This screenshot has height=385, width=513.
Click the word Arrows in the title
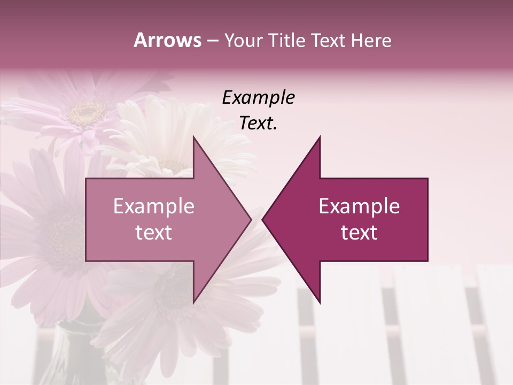click(167, 40)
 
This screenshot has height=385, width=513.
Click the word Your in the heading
click(243, 40)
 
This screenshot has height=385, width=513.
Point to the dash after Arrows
click(212, 41)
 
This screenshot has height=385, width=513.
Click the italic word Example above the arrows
click(258, 97)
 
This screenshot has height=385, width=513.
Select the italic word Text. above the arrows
click(258, 124)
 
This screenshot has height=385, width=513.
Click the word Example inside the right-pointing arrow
click(153, 206)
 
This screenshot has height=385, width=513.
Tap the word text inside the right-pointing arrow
click(153, 233)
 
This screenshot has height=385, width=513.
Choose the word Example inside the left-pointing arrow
click(359, 206)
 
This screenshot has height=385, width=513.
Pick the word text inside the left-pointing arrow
click(359, 233)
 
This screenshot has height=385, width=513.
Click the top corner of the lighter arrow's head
click(193, 137)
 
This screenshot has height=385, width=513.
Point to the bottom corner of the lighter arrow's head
click(193, 303)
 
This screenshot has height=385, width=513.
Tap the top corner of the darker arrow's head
click(320, 137)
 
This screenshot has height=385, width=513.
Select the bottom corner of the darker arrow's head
click(320, 303)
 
